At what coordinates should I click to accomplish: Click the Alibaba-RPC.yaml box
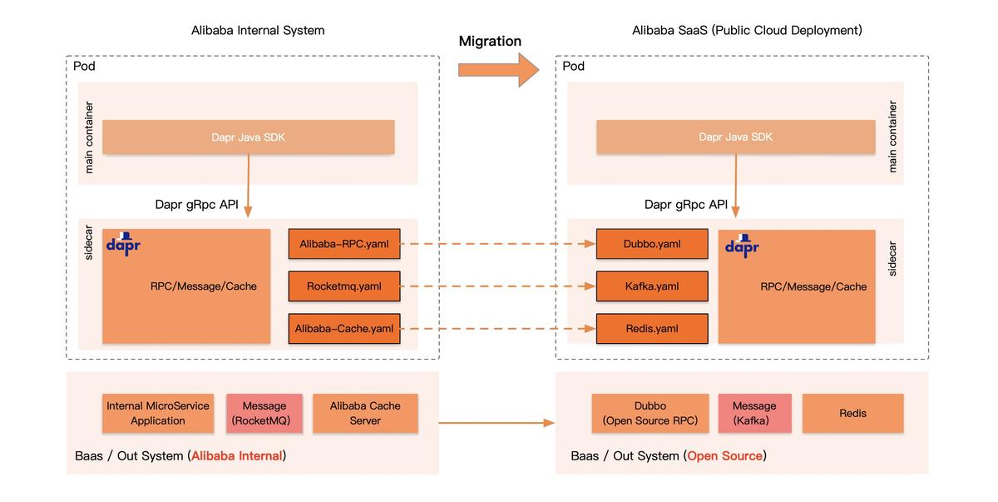click(343, 245)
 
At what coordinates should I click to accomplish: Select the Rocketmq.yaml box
click(343, 286)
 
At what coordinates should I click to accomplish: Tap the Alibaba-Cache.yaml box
click(343, 329)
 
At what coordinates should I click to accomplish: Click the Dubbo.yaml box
click(652, 245)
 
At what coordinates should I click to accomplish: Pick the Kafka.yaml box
click(652, 286)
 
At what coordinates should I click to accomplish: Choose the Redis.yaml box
click(652, 329)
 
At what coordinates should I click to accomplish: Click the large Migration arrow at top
click(498, 69)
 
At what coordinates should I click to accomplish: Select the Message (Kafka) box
click(754, 413)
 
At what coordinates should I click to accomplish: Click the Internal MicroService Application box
click(158, 413)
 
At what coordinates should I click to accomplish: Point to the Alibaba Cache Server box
click(365, 413)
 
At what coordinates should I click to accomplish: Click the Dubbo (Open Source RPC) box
click(650, 413)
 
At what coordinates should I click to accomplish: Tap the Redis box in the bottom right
click(852, 413)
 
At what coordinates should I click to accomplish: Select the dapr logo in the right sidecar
click(742, 246)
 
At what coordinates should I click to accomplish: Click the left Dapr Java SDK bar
click(248, 137)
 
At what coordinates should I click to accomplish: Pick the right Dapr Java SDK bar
click(735, 137)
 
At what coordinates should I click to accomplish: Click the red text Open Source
click(724, 456)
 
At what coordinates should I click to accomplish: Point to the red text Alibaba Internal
click(237, 456)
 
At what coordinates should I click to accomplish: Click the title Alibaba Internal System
click(258, 31)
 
